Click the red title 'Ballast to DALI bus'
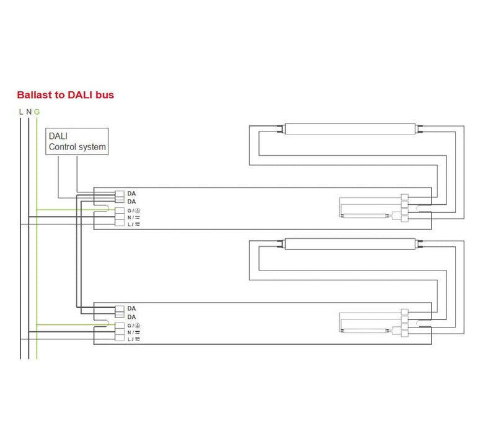[66, 95]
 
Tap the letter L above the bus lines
[21, 112]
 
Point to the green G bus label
[37, 112]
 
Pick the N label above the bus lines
[29, 112]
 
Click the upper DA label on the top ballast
[131, 194]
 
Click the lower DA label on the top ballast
[131, 202]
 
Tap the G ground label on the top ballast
[134, 211]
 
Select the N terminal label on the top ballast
[133, 218]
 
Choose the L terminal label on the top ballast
[133, 225]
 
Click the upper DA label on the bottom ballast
[131, 308]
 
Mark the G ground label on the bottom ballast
[134, 326]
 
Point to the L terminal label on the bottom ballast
[133, 339]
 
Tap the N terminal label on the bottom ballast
[133, 332]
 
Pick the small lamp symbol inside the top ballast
[365, 216]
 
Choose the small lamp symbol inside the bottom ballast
[365, 331]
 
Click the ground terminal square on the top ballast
[120, 210]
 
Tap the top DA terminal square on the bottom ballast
[120, 308]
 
